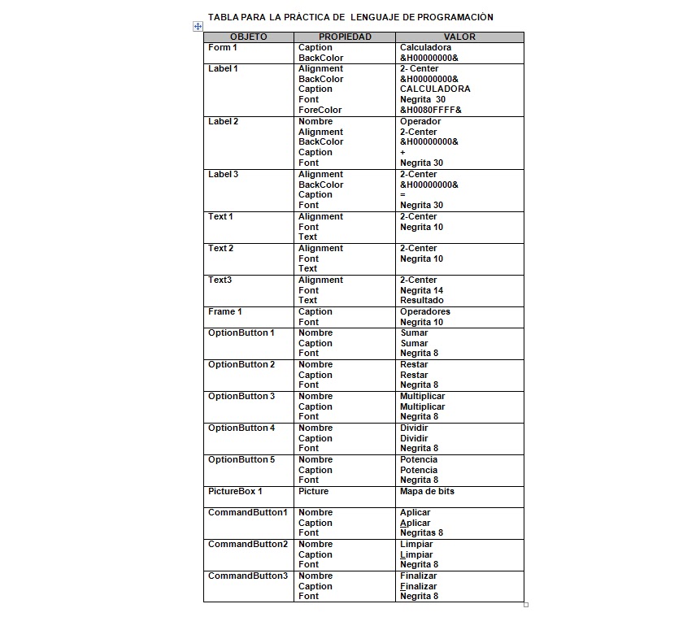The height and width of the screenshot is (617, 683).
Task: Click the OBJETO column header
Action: pos(248,37)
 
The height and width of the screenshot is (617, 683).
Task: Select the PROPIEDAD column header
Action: pos(345,37)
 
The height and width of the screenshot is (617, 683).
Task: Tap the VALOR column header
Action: pos(459,37)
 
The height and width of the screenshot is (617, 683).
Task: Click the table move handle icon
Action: pos(197,26)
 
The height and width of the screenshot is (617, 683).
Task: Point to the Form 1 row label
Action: pos(223,48)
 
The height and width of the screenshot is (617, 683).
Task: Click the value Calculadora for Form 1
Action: pos(425,48)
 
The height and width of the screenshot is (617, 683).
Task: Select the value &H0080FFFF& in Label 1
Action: pos(430,111)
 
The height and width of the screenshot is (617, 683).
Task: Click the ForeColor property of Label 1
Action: pos(320,111)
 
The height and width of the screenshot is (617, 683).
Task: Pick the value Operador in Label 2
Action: pos(420,122)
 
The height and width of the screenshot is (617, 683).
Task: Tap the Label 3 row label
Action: pos(224,175)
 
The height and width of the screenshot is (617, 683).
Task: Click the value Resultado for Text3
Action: pos(422,301)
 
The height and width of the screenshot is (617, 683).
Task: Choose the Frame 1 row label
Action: pos(225,312)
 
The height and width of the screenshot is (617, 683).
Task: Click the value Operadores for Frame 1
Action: pos(424,312)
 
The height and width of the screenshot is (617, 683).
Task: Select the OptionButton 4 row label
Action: pos(241,428)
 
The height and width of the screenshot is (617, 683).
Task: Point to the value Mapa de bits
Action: pos(427,492)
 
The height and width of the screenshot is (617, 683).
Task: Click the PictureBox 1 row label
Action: pos(235,492)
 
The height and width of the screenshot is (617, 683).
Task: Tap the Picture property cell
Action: pos(314,492)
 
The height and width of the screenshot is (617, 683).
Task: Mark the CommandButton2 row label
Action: pos(248,545)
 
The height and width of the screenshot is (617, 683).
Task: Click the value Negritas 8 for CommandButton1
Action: pos(421,533)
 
